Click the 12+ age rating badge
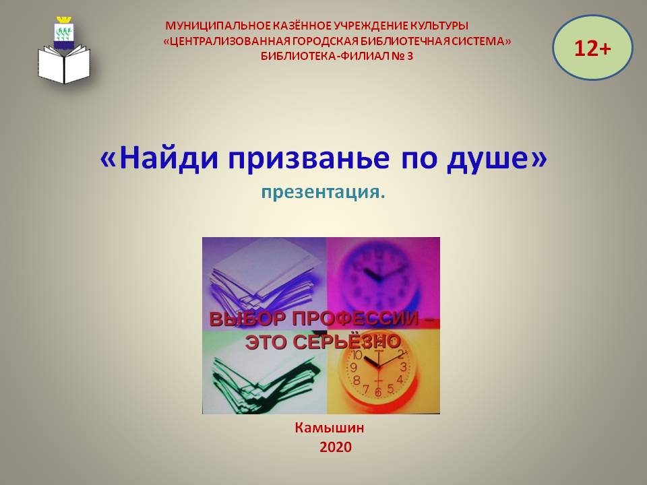(592, 48)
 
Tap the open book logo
(64, 65)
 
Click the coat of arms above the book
(63, 32)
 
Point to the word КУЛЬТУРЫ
(439, 26)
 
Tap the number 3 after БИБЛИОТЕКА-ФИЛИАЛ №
(409, 56)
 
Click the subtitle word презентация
(323, 192)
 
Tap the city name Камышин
(330, 428)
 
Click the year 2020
(336, 447)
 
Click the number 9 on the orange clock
(354, 367)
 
